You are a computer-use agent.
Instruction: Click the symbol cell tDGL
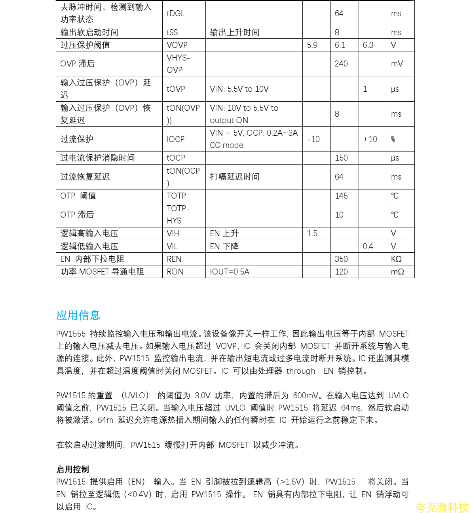(x=176, y=13)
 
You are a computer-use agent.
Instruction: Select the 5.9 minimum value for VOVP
(x=312, y=45)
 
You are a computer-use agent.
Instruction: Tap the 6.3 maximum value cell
(x=368, y=45)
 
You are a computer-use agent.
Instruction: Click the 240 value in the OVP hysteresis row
(x=341, y=64)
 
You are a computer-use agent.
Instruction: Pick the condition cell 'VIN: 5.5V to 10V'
(x=239, y=89)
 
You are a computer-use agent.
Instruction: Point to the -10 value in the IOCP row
(x=313, y=139)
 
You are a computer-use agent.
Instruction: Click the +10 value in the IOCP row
(x=370, y=139)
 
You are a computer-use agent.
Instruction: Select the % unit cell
(x=393, y=139)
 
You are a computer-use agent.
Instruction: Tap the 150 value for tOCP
(x=341, y=158)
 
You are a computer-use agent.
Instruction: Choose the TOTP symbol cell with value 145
(x=176, y=196)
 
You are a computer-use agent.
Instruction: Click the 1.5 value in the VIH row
(x=312, y=233)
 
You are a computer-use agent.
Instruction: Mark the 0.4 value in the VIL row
(x=368, y=246)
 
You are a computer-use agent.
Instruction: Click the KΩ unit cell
(x=396, y=259)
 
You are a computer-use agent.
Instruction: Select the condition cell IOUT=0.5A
(x=230, y=272)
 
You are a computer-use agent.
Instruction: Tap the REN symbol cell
(x=174, y=259)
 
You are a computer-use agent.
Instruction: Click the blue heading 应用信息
(x=78, y=315)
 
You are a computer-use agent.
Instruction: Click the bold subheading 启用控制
(x=72, y=469)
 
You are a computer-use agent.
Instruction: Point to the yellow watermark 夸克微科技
(x=442, y=507)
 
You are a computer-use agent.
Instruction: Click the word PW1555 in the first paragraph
(x=71, y=334)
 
